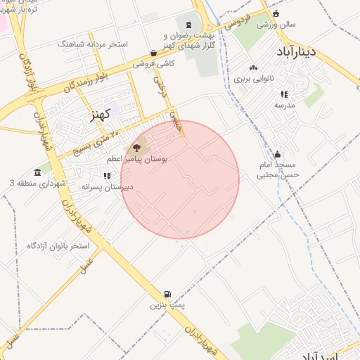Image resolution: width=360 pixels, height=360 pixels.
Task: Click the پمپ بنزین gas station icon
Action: [x=167, y=294]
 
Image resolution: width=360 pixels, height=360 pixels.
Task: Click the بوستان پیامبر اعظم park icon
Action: [x=136, y=148]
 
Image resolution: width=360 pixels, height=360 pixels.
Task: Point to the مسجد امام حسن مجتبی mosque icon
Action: [x=278, y=155]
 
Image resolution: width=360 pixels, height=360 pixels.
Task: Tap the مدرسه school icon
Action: [x=284, y=94]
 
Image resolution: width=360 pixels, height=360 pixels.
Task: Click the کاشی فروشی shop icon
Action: [x=154, y=52]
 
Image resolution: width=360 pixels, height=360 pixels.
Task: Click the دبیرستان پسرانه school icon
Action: [x=106, y=176]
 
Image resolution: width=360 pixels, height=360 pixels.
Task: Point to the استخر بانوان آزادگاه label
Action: [x=58, y=246]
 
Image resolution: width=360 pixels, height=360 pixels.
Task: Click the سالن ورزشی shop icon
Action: [x=276, y=13]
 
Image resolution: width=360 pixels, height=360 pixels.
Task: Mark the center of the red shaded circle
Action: [x=180, y=180]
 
